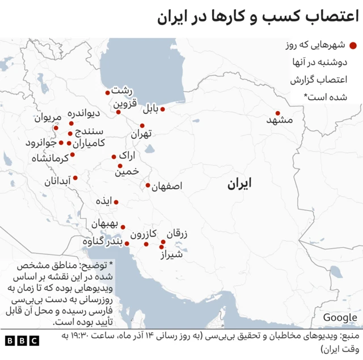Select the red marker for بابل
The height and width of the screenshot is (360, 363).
163,109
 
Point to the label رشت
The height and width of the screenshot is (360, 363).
121,91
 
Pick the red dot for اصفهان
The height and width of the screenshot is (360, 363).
148,185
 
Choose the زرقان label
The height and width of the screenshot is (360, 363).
177,234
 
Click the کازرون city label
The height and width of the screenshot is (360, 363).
143,234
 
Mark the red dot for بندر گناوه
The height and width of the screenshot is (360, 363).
128,244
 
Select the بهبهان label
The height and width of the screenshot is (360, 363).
104,223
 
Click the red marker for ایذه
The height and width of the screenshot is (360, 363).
116,202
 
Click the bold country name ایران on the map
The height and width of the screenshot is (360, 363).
239,184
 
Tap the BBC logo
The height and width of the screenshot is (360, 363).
22,341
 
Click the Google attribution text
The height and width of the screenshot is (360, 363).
340,317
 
